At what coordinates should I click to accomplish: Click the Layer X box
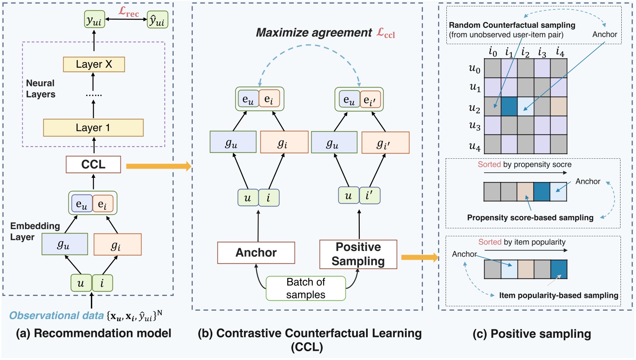pos(94,64)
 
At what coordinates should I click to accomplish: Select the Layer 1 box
pos(93,128)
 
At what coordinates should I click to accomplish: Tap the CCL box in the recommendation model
pos(93,164)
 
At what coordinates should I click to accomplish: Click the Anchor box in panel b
pos(256,253)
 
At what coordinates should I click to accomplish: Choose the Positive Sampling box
pos(358,254)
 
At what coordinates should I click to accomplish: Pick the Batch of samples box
pos(305,288)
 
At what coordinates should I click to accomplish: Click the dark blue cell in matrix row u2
pos(509,106)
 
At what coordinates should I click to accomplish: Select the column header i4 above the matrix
pos(560,52)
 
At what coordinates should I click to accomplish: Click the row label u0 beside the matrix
pos(475,69)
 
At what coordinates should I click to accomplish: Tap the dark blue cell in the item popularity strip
pos(558,269)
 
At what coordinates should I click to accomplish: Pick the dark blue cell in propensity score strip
pos(542,192)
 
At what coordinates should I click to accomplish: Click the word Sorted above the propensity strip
pos(489,165)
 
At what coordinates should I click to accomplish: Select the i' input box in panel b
pos(370,196)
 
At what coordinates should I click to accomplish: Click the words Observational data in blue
pos(56,316)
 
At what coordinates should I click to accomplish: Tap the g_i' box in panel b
pos(385,143)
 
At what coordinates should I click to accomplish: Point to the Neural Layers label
pos(41,89)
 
